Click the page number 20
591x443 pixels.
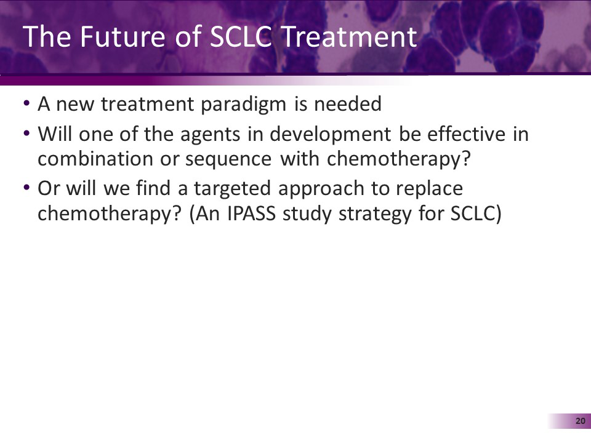(579, 421)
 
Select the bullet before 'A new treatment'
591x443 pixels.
(26, 104)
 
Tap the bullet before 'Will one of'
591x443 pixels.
(26, 134)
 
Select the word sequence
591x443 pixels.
(237, 160)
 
